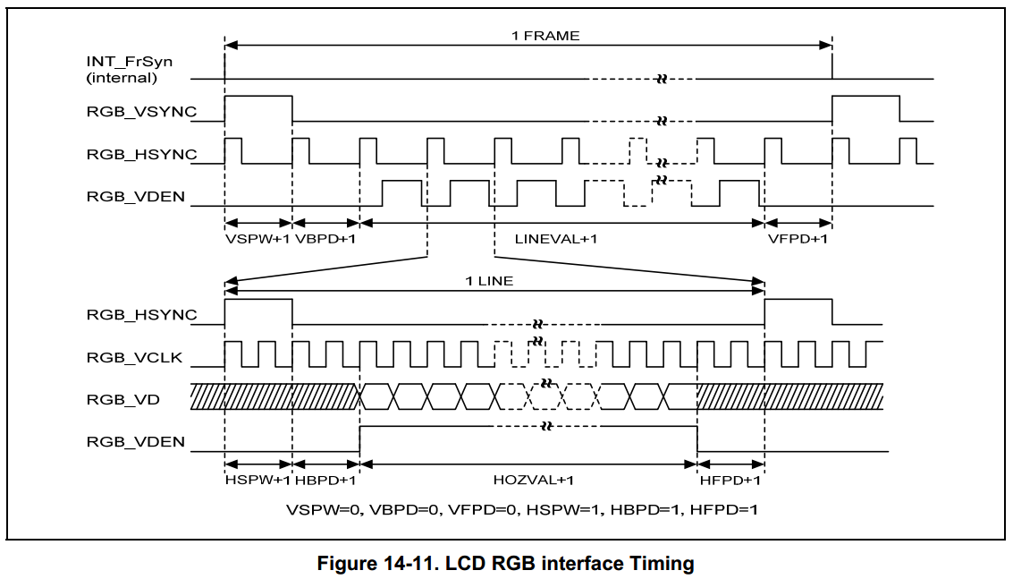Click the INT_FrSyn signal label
pos(129,62)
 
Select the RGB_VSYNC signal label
pos(141,112)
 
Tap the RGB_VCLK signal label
pos(134,358)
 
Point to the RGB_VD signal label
pos(123,399)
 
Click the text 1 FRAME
pos(544,36)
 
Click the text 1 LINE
pos(489,280)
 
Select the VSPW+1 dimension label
pos(258,239)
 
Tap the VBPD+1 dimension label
pos(325,239)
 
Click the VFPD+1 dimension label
pos(798,239)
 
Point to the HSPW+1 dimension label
pos(257,481)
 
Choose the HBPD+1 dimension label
pos(325,481)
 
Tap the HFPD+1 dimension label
pos(730,481)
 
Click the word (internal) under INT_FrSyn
pos(122,78)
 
